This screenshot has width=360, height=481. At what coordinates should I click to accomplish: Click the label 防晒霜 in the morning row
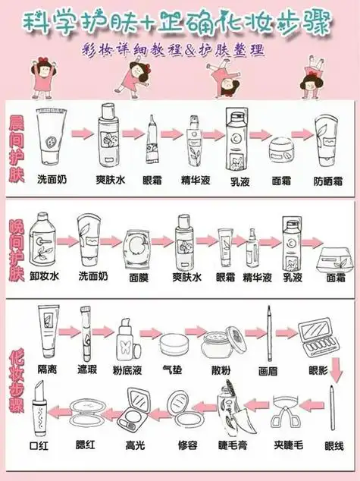[x=327, y=182]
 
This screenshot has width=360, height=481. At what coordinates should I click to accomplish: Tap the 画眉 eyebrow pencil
[x=269, y=334]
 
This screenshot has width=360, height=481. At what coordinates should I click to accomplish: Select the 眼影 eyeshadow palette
[x=318, y=336]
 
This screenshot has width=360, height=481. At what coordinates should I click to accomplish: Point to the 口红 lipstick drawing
[x=40, y=410]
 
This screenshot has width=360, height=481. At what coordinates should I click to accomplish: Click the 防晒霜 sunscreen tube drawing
[x=327, y=141]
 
